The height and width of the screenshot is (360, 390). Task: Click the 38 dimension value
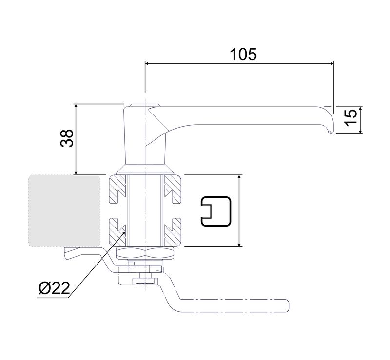point(67,138)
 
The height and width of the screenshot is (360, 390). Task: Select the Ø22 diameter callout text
point(52,288)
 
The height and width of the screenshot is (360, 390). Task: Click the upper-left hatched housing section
point(117,190)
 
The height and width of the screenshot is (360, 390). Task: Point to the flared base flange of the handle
point(145,170)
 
